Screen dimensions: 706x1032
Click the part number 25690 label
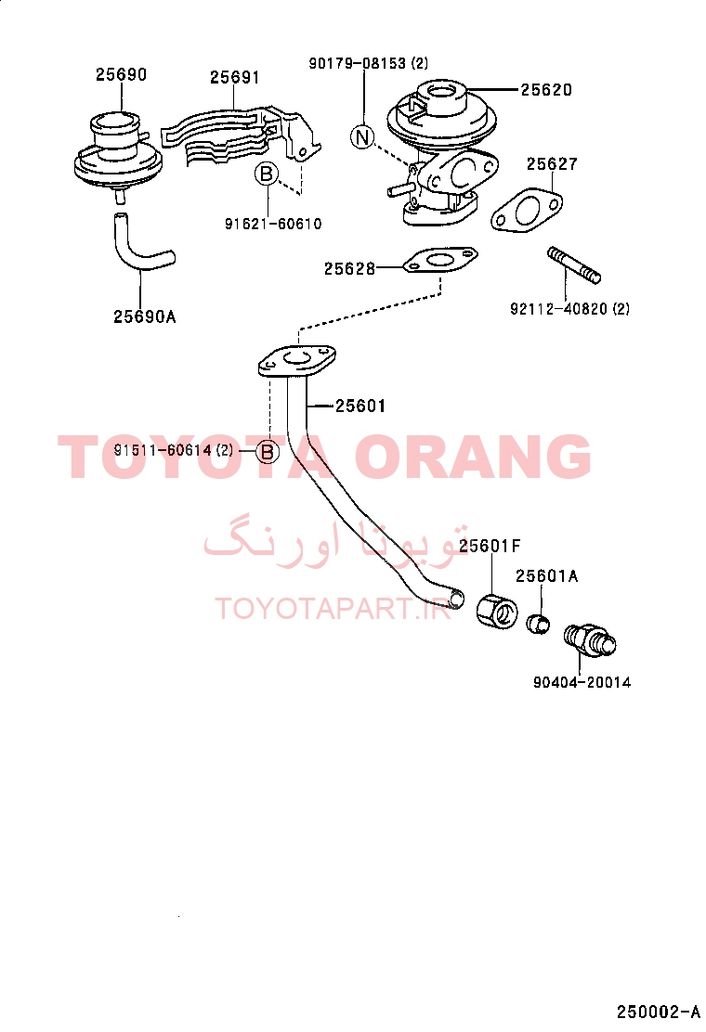121,74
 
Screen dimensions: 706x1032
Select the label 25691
235,78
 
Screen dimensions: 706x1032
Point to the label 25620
546,89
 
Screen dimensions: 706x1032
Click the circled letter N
362,137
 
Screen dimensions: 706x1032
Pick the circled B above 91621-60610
267,174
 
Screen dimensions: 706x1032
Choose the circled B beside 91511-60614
268,452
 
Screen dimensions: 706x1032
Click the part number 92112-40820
558,309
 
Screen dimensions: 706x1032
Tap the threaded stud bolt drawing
574,264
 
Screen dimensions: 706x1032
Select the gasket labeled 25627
527,211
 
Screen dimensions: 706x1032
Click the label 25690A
145,316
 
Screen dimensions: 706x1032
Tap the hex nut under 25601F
497,610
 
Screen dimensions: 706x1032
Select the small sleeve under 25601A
540,624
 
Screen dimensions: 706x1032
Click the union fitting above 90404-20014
590,639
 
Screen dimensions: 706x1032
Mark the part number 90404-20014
582,682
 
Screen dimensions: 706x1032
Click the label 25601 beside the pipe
360,406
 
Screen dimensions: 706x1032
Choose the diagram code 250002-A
658,1012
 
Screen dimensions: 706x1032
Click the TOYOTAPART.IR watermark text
333,609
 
